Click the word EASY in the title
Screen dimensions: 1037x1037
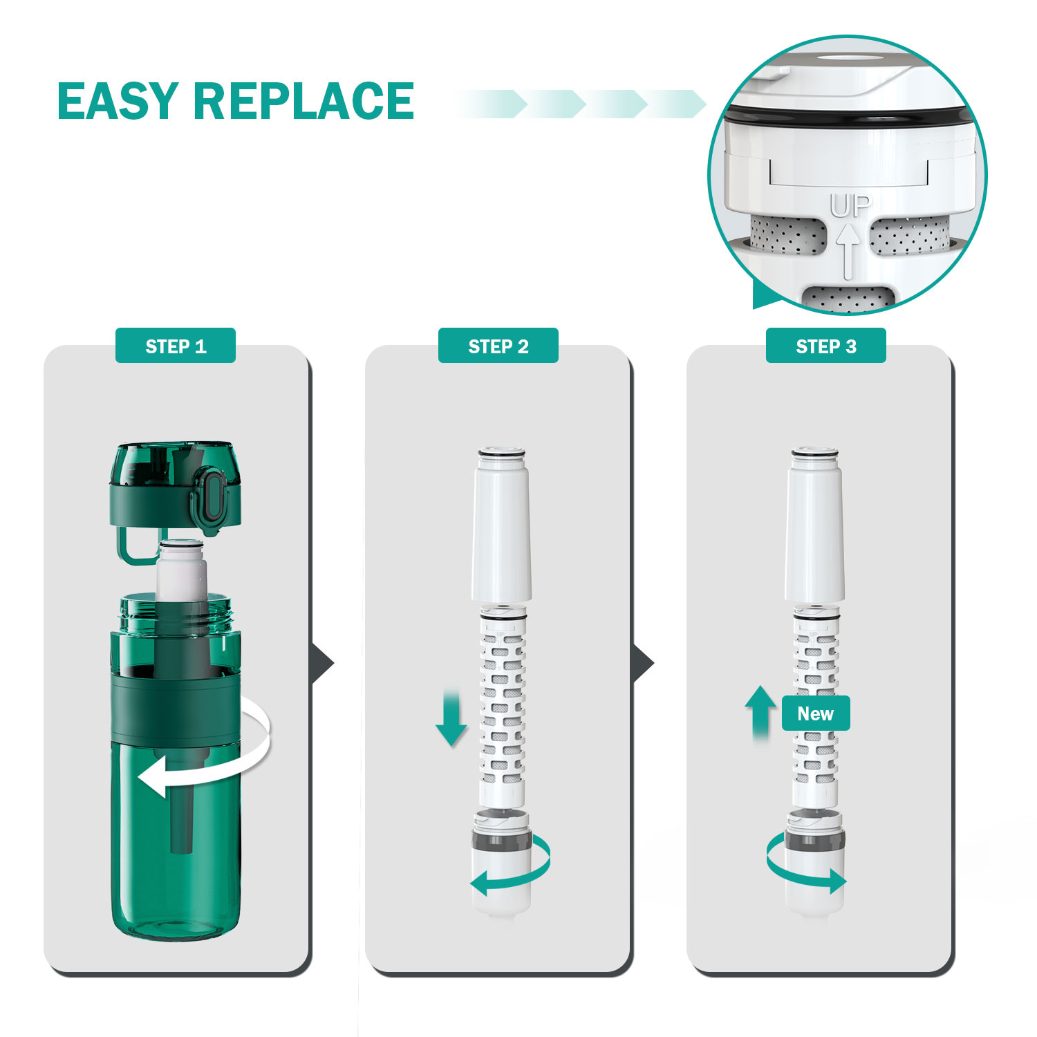(118, 101)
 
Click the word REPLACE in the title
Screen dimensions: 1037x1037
(303, 101)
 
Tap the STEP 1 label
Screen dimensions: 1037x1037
(176, 346)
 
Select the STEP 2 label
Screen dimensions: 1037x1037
(498, 346)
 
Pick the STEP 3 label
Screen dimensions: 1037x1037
(825, 346)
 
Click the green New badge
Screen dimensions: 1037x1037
(816, 713)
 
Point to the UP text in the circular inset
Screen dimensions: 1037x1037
(850, 206)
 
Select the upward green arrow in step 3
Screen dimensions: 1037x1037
(760, 712)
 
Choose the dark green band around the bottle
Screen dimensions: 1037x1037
(176, 709)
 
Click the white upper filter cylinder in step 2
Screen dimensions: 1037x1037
(502, 529)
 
